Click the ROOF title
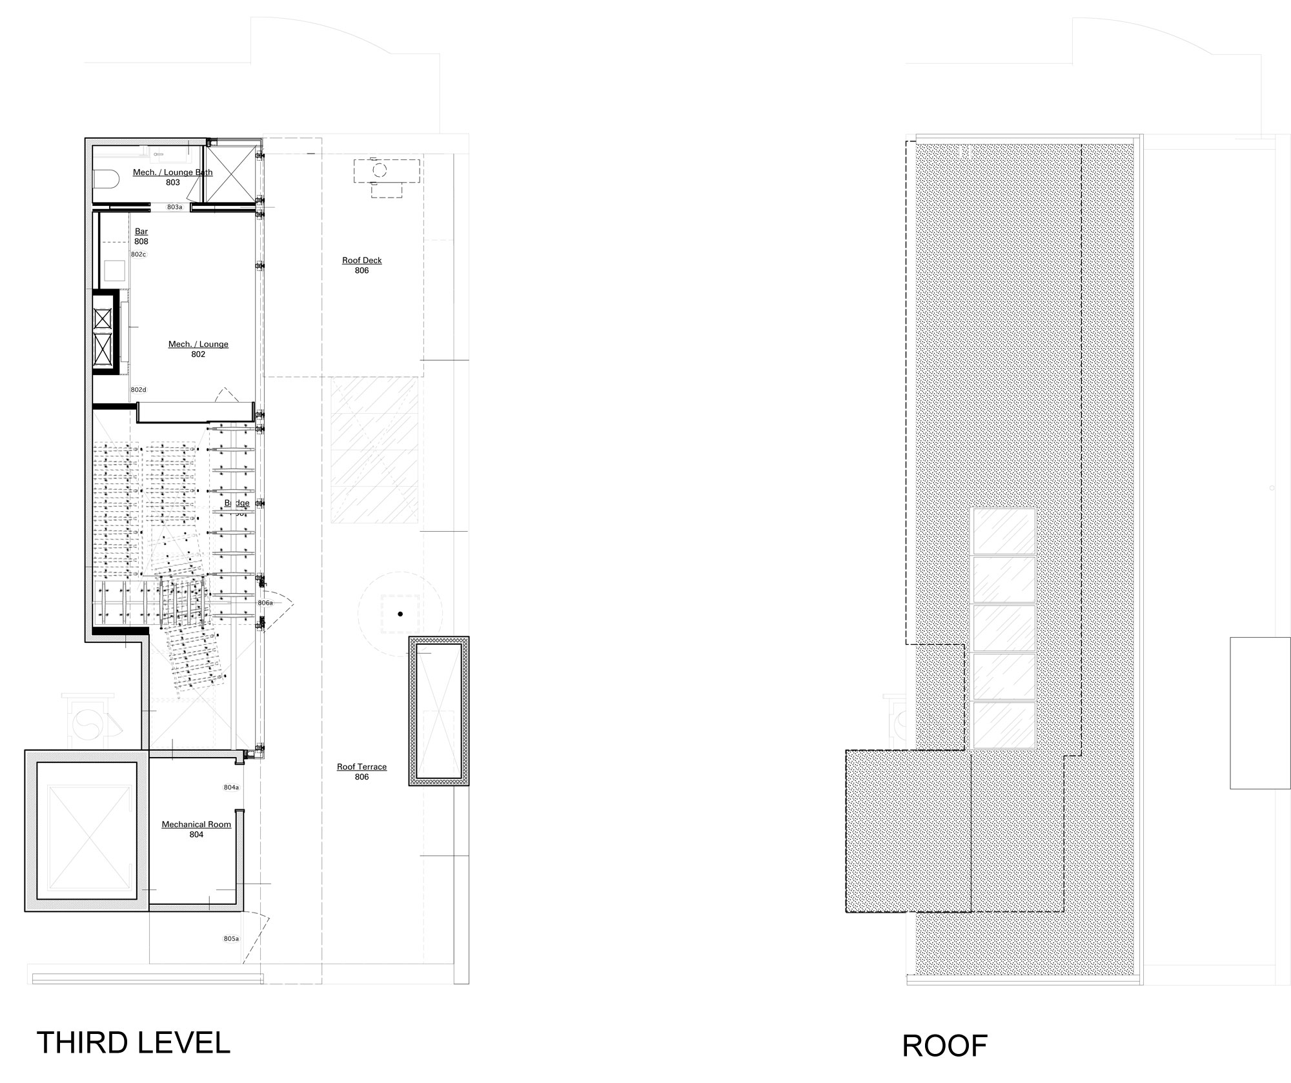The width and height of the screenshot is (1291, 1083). coord(944,1046)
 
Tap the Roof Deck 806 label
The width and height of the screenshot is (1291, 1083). coord(361,265)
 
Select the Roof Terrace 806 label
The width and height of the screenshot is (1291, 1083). coord(361,771)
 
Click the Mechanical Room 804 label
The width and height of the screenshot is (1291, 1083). coord(196,829)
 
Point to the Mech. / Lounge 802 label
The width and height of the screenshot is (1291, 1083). coord(198,349)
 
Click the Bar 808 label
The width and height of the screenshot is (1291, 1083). coord(141,236)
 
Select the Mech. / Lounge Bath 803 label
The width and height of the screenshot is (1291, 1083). coord(172,177)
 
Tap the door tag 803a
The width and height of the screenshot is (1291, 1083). coord(174,207)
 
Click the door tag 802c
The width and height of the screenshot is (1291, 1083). coord(138,254)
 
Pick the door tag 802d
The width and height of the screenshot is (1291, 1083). coord(138,390)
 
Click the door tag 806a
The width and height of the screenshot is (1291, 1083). coord(265,602)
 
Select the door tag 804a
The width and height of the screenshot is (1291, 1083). coord(231,787)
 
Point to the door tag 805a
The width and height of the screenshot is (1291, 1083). coord(231,938)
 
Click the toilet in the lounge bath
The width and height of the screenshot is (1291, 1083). coord(105,178)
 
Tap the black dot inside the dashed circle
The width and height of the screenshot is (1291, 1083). coord(400,614)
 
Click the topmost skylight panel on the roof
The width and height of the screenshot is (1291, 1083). coord(1004,531)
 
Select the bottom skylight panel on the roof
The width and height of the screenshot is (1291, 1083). coord(1004,725)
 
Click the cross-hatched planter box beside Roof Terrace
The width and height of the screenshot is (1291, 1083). coord(439,711)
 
